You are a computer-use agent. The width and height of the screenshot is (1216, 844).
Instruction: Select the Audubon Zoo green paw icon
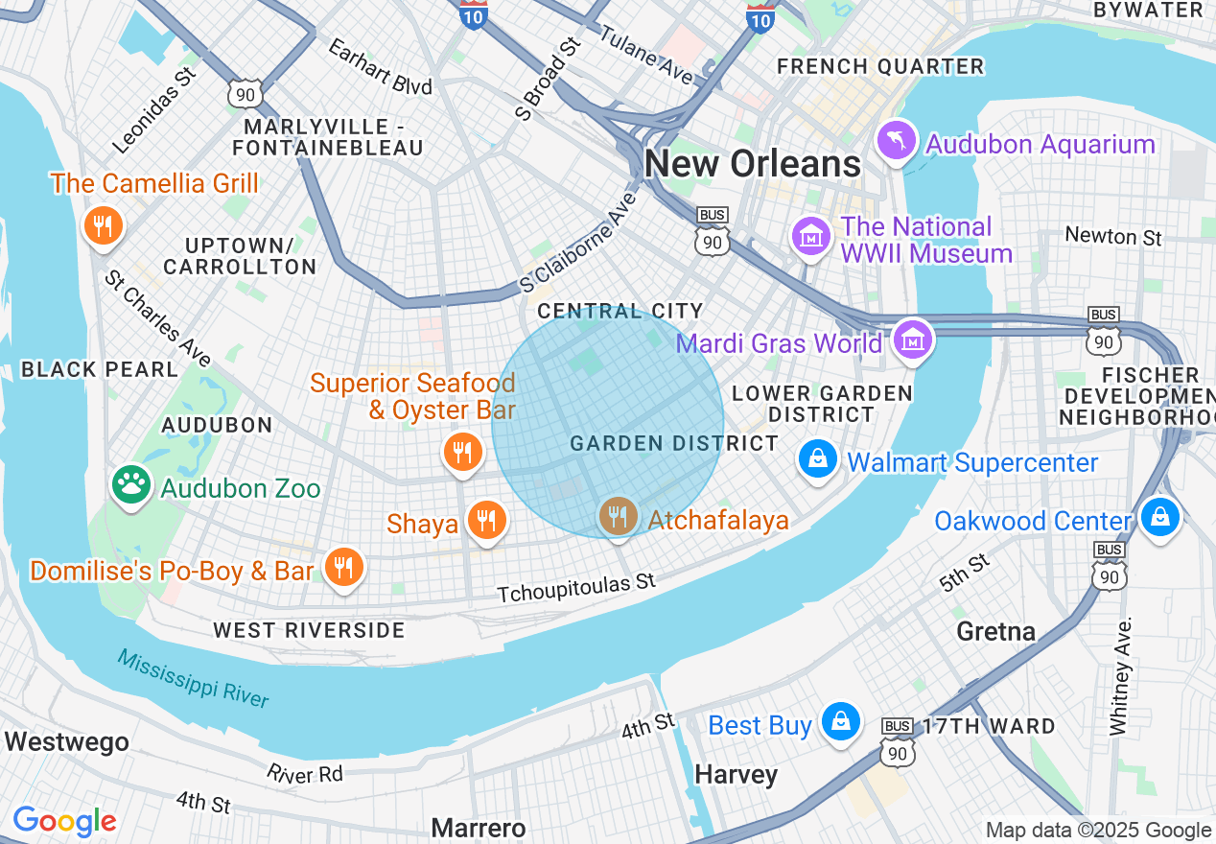[x=131, y=484]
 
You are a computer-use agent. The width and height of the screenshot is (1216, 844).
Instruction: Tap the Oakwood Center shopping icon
[x=1159, y=517]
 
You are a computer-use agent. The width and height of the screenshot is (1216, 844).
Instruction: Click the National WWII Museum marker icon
[x=811, y=235]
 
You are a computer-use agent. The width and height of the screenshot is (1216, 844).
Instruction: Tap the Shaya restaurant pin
[x=487, y=521]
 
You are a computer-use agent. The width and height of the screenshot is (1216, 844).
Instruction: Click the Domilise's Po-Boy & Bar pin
[x=342, y=567]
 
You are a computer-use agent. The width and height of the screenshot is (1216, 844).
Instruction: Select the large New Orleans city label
[x=753, y=164]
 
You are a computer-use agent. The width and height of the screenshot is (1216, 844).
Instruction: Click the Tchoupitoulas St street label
[x=576, y=589]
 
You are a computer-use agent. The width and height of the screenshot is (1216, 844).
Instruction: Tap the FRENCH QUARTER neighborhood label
[x=880, y=67]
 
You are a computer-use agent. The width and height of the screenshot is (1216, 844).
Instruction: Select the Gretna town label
[x=995, y=631]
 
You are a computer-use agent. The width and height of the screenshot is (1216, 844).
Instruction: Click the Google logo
[x=64, y=821]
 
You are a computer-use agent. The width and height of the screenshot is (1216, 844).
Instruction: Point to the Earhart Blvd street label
[x=380, y=67]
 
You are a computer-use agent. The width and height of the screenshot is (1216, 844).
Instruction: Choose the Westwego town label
[x=66, y=741]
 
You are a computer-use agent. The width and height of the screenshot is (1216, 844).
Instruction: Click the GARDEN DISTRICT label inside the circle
[x=674, y=443]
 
